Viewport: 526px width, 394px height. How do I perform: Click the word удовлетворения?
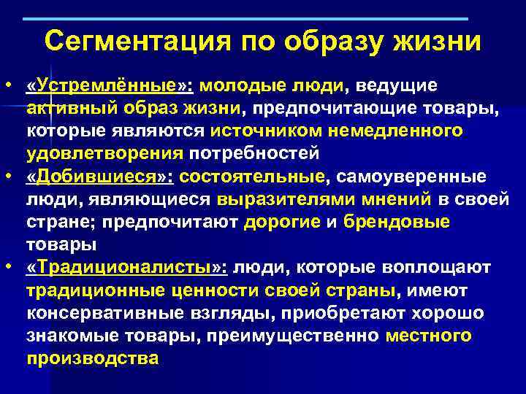coord(104,154)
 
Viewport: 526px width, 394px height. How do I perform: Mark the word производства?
coord(92,358)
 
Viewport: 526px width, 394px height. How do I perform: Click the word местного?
coord(428,336)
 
